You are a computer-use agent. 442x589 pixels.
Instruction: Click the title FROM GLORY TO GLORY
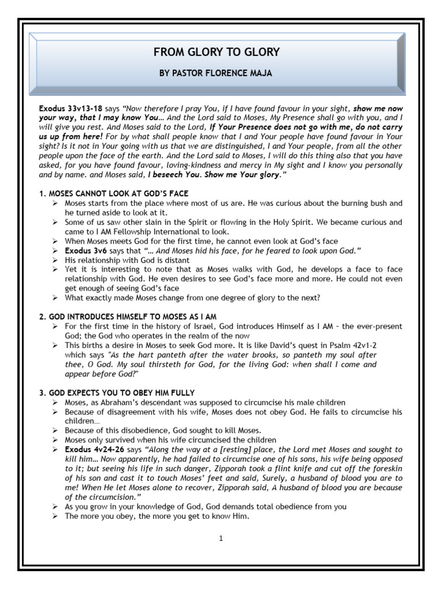pyautogui.click(x=216, y=52)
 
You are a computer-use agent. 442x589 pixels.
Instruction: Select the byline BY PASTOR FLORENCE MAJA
pyautogui.click(x=216, y=75)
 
